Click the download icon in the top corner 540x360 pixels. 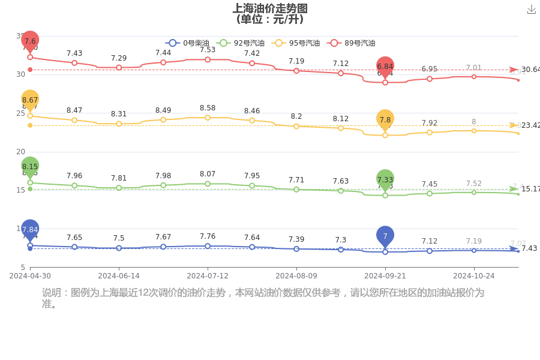[531, 9]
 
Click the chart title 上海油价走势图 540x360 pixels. [270, 8]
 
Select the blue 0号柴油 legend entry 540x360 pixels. [186, 43]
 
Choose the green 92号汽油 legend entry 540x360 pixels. [240, 43]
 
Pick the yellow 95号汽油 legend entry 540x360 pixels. [295, 43]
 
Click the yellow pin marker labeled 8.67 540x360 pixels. [30, 100]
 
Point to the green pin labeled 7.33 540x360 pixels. [385, 179]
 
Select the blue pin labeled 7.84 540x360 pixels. [30, 229]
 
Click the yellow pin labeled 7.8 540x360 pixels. [385, 120]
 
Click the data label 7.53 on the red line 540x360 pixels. [208, 50]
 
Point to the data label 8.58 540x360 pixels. [208, 108]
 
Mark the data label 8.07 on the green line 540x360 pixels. [208, 174]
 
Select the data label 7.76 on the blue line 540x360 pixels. [208, 236]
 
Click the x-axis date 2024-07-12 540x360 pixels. [208, 276]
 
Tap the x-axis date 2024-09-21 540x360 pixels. [385, 276]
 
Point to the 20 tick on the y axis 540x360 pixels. [20, 152]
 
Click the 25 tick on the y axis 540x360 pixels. [20, 113]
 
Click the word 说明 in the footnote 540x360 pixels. [52, 293]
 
